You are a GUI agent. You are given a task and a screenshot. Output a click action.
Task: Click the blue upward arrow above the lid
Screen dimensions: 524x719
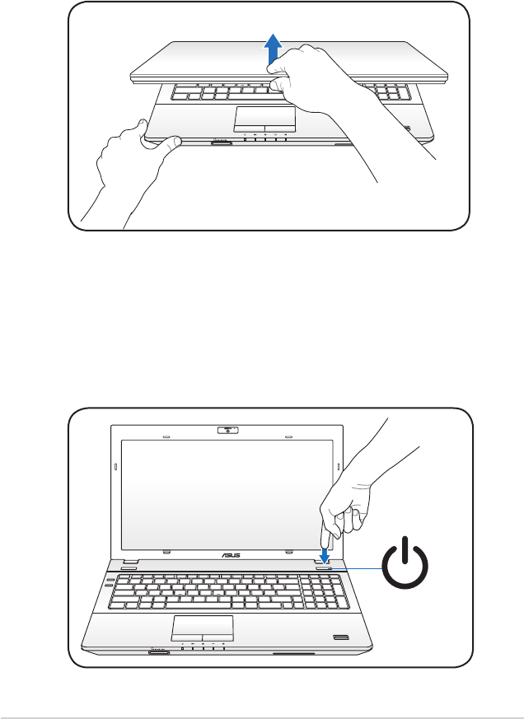[x=273, y=49]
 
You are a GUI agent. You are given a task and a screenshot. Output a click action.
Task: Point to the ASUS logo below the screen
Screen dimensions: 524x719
[x=232, y=556]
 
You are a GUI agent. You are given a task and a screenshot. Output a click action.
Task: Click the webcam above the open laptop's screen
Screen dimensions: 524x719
[x=227, y=430]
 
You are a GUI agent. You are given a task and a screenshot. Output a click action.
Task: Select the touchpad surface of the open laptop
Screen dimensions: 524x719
[x=203, y=625]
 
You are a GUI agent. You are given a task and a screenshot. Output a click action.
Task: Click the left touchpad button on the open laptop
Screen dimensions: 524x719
[x=187, y=637]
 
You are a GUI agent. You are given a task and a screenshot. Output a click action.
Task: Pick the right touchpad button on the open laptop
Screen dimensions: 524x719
[x=218, y=637]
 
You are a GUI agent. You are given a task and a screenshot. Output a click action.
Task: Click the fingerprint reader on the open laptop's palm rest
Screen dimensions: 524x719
[x=339, y=637]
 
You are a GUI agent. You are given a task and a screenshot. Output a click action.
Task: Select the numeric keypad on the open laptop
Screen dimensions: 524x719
[x=324, y=591]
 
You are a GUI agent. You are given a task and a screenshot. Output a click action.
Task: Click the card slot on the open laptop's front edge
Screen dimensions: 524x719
[x=159, y=651]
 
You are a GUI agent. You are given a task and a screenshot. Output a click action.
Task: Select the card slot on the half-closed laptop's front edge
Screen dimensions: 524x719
[x=221, y=143]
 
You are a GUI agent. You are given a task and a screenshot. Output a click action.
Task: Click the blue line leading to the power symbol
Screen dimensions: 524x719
[x=356, y=568]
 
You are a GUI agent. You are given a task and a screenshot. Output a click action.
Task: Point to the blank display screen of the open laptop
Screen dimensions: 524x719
[x=227, y=495]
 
